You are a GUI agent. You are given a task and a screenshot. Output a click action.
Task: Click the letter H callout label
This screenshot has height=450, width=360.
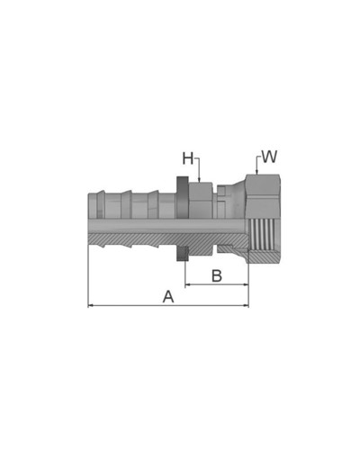[x=188, y=158]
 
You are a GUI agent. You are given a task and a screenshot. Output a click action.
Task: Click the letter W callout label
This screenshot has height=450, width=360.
[x=269, y=157]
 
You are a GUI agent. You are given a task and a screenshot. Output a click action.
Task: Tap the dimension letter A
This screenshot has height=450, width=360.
[x=168, y=297]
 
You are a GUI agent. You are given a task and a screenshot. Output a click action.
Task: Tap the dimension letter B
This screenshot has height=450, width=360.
[x=217, y=276]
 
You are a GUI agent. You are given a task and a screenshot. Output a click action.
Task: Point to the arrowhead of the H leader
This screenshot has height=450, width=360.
[x=199, y=180]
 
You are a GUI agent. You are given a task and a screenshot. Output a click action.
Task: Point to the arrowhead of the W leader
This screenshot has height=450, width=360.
[x=256, y=172]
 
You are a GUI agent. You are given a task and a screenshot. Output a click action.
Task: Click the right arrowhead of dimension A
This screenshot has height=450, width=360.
[x=246, y=306]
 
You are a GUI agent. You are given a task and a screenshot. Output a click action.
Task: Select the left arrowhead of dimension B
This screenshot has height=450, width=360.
[x=188, y=284]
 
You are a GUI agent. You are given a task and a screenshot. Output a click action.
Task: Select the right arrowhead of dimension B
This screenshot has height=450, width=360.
[x=246, y=284]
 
